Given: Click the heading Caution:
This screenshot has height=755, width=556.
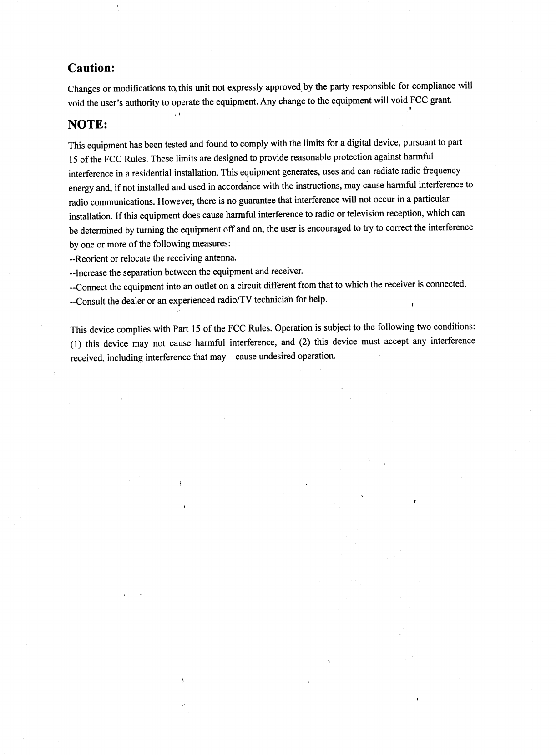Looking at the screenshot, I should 91,68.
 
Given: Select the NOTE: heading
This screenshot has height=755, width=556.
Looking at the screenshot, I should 87,125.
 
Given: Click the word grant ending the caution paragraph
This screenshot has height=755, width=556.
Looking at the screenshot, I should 440,100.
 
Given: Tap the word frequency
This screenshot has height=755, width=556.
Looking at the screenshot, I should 441,171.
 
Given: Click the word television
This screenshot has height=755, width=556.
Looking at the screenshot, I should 367,214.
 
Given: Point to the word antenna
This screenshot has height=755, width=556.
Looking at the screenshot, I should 221,258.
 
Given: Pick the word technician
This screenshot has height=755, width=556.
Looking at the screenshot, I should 274,300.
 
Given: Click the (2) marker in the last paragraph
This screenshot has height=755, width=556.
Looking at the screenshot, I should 305,342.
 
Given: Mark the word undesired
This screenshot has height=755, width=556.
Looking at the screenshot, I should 277,356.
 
